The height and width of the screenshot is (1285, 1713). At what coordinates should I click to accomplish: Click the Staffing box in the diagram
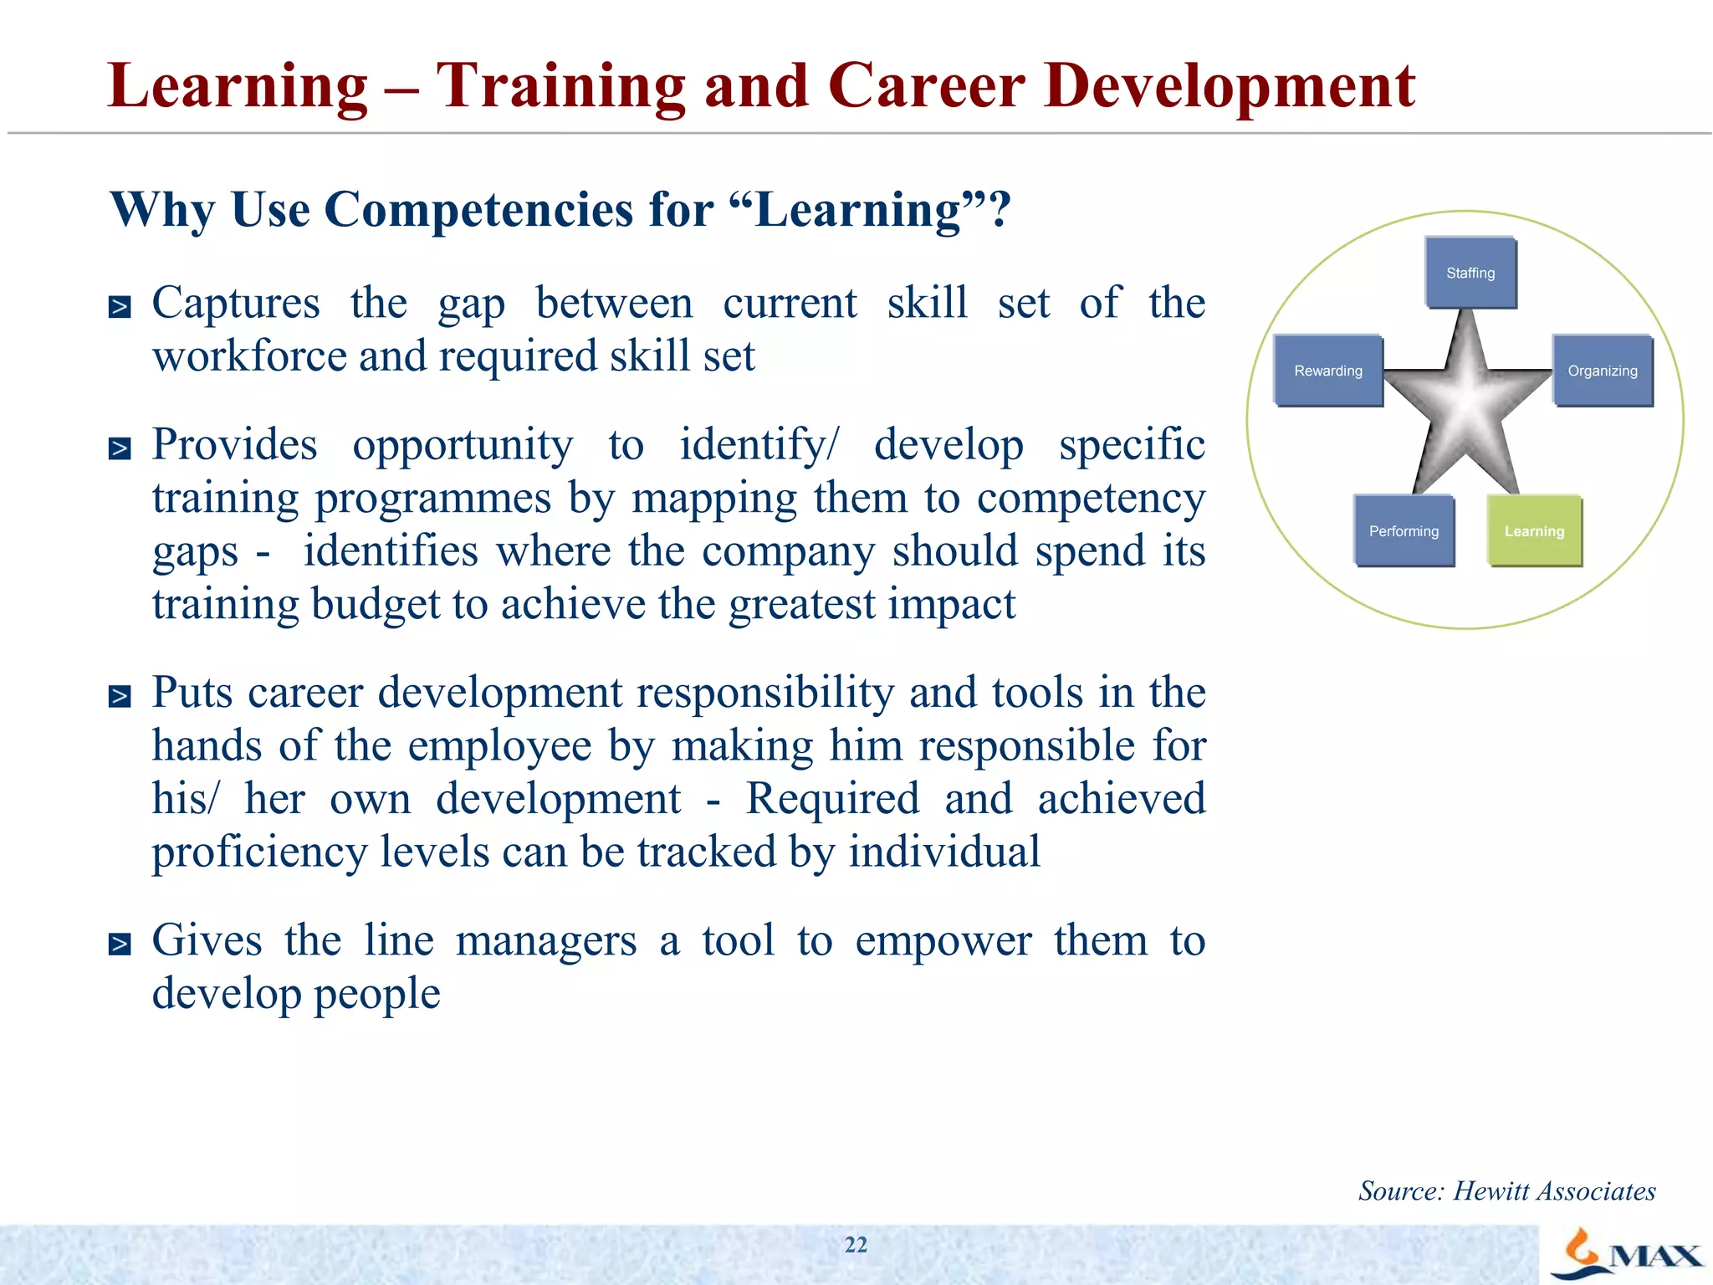(1470, 273)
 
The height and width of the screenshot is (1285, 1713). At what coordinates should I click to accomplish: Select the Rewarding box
(1327, 371)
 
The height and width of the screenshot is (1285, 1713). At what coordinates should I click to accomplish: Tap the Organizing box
(1602, 371)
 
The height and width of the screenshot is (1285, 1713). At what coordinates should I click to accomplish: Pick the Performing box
(1404, 531)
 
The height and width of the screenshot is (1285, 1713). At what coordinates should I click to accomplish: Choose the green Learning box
(1534, 531)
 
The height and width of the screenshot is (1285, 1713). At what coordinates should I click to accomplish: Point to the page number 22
(856, 1245)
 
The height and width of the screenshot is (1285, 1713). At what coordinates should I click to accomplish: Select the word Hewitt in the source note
(1491, 1190)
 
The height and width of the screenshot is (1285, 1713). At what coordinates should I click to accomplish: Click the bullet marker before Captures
(120, 307)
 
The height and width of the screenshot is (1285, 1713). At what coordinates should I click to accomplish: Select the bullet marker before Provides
(120, 449)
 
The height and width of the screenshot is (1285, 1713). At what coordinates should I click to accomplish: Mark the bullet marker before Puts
(120, 696)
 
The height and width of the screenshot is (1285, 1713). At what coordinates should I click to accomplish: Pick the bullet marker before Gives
(120, 945)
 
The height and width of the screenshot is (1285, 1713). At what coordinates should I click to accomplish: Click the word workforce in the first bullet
(248, 356)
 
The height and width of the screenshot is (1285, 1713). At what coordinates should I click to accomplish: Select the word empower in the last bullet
(943, 941)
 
